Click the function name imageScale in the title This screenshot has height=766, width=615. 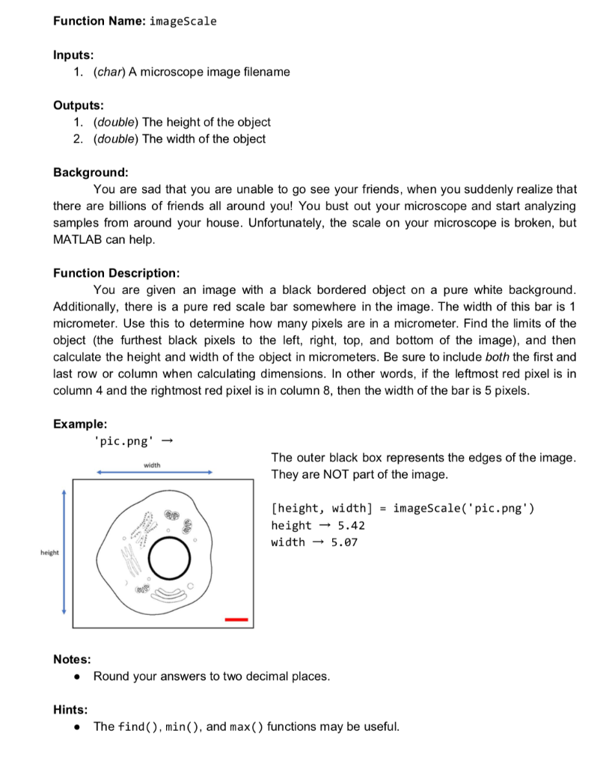click(183, 21)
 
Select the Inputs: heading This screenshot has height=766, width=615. click(73, 55)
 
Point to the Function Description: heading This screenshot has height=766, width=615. click(116, 272)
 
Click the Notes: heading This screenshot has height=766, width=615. click(72, 659)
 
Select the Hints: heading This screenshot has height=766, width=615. click(70, 709)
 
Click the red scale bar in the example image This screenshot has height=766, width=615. click(236, 619)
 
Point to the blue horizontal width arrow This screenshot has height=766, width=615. click(156, 472)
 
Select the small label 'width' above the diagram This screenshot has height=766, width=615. click(153, 465)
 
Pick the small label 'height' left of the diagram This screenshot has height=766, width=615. click(49, 552)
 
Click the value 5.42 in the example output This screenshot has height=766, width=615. click(350, 525)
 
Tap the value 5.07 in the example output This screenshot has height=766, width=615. click(344, 542)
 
